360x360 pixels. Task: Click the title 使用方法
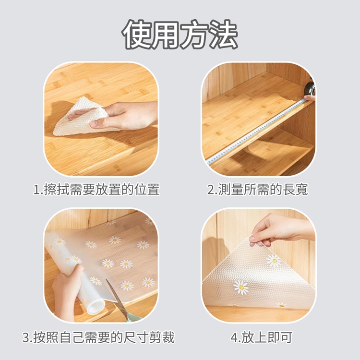click(x=180, y=35)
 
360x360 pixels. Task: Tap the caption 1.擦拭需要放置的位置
click(x=96, y=189)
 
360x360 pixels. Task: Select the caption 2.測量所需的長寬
click(x=257, y=189)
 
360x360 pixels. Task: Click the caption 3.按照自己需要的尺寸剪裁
click(x=98, y=337)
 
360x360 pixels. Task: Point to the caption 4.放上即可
click(x=261, y=337)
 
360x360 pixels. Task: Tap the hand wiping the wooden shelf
click(x=127, y=115)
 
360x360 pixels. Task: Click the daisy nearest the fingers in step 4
click(x=274, y=261)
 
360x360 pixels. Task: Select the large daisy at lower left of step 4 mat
click(x=241, y=288)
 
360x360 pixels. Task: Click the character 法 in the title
click(x=222, y=35)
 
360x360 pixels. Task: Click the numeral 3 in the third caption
click(x=25, y=338)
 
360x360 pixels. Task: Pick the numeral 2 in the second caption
click(x=211, y=190)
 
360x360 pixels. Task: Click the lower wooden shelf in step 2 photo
click(x=269, y=158)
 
